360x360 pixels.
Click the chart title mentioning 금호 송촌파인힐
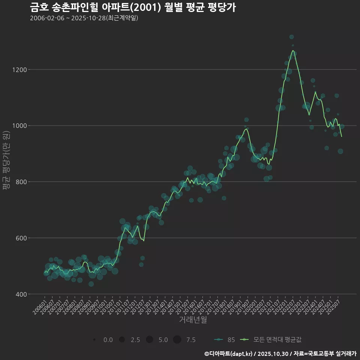[x=133, y=7]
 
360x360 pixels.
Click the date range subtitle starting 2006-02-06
[x=84, y=18]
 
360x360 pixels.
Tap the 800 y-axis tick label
[x=21, y=182]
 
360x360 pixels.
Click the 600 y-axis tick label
[x=21, y=238]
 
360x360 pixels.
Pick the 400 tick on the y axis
[x=21, y=294]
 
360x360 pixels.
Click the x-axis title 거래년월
[x=193, y=320]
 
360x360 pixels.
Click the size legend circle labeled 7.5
[x=177, y=340]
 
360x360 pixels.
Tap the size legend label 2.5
[x=135, y=340]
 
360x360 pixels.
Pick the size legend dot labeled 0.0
[x=94, y=340]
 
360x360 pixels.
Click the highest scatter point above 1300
[x=291, y=37]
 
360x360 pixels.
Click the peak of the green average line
[x=293, y=50]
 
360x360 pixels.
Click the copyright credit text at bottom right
[x=280, y=354]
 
